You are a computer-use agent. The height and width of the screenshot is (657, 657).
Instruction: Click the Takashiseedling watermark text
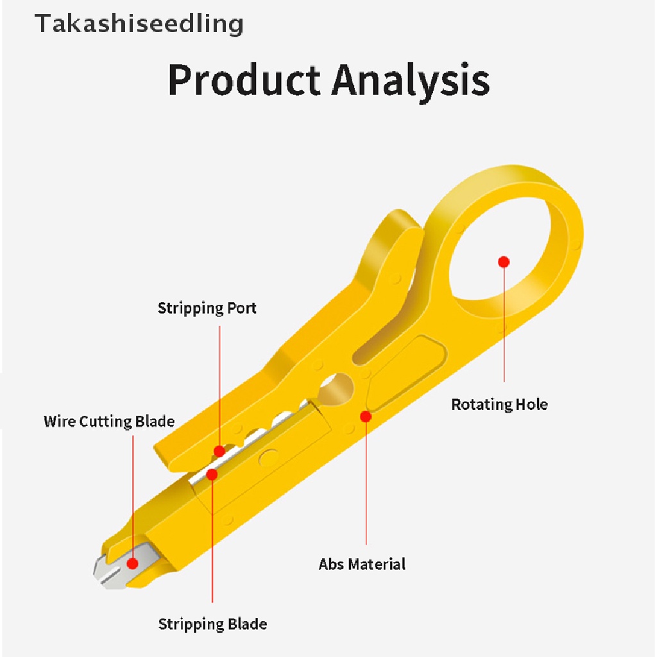[x=139, y=24]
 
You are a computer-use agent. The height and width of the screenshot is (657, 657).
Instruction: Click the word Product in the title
[x=244, y=80]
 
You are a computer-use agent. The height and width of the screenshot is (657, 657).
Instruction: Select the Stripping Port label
[x=207, y=308]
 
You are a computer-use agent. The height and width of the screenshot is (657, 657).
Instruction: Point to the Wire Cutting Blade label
[x=109, y=422]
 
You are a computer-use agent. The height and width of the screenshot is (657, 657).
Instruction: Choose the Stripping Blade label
[x=212, y=624]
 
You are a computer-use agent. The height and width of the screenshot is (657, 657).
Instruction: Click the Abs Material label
[x=362, y=564]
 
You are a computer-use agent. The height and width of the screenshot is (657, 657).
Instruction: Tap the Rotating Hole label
[x=499, y=405]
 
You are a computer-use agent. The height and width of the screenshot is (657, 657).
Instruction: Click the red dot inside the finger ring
[x=504, y=261]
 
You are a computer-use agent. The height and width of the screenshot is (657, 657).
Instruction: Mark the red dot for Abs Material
[x=366, y=416]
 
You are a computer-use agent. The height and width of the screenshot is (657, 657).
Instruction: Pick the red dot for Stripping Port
[x=219, y=451]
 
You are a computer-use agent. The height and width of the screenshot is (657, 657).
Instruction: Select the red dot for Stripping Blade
[x=212, y=474]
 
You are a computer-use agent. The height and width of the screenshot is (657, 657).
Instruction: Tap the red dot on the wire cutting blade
[x=133, y=564]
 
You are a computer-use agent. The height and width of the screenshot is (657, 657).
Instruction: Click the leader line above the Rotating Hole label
[x=504, y=327]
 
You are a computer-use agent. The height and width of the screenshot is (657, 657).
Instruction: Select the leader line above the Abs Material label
[x=366, y=488]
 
